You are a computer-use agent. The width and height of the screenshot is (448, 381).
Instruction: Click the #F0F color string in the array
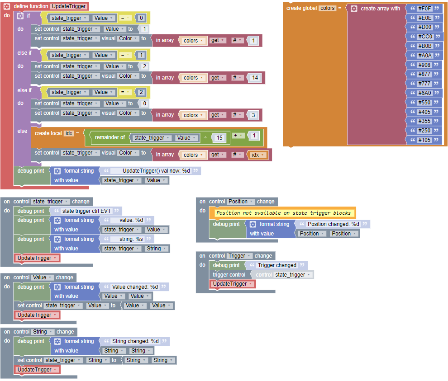pyautogui.click(x=425, y=8)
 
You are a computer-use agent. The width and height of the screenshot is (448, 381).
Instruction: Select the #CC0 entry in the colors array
pyautogui.click(x=425, y=37)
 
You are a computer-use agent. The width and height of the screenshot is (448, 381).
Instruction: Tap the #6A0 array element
pyautogui.click(x=425, y=93)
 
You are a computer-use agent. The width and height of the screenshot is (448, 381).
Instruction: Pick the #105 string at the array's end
pyautogui.click(x=425, y=140)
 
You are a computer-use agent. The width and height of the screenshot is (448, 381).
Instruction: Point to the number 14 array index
pyautogui.click(x=255, y=78)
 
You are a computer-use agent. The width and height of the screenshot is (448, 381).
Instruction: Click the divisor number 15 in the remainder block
pyautogui.click(x=219, y=137)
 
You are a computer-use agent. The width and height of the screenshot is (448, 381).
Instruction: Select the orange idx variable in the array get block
pyautogui.click(x=257, y=155)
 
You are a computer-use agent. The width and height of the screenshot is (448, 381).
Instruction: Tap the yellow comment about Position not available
pyautogui.click(x=283, y=213)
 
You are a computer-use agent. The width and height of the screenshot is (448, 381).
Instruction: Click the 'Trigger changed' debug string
pyautogui.click(x=277, y=265)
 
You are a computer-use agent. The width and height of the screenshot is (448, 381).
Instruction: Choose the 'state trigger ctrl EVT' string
pyautogui.click(x=86, y=211)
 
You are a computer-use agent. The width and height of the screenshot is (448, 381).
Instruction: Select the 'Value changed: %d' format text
pyautogui.click(x=135, y=287)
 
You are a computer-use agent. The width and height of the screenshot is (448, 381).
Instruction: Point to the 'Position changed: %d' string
pyautogui.click(x=333, y=224)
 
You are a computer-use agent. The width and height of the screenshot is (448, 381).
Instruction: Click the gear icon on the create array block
pyautogui.click(x=354, y=9)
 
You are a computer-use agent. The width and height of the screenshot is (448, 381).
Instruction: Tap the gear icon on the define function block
pyautogui.click(x=7, y=6)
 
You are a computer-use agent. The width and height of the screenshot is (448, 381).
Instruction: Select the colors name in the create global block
pyautogui.click(x=327, y=8)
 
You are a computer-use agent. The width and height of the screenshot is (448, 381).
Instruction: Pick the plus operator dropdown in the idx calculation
pyautogui.click(x=238, y=136)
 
